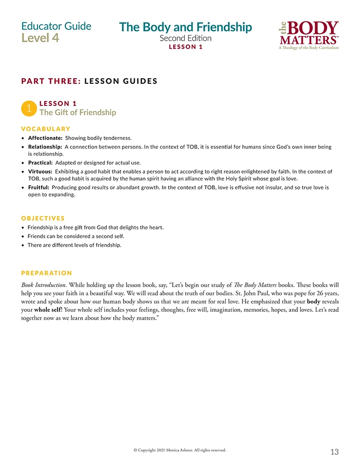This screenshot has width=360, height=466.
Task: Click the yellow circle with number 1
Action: click(29, 109)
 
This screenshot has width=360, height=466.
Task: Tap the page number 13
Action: click(334, 452)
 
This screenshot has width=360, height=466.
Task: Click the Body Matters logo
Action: click(310, 35)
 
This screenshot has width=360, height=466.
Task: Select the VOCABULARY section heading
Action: click(46, 129)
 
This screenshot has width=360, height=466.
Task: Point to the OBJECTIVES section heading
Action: click(43, 218)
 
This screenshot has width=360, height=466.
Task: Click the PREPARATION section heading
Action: click(47, 273)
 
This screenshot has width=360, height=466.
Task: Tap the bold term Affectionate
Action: click(45, 138)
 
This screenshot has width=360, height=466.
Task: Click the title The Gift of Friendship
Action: click(78, 113)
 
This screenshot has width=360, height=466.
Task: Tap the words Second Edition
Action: click(185, 39)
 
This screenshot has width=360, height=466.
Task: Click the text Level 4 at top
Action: click(40, 38)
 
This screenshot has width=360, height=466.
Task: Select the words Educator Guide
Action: click(57, 26)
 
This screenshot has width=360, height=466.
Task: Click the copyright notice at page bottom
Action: click(179, 450)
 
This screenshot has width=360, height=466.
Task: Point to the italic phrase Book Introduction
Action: click(44, 284)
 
